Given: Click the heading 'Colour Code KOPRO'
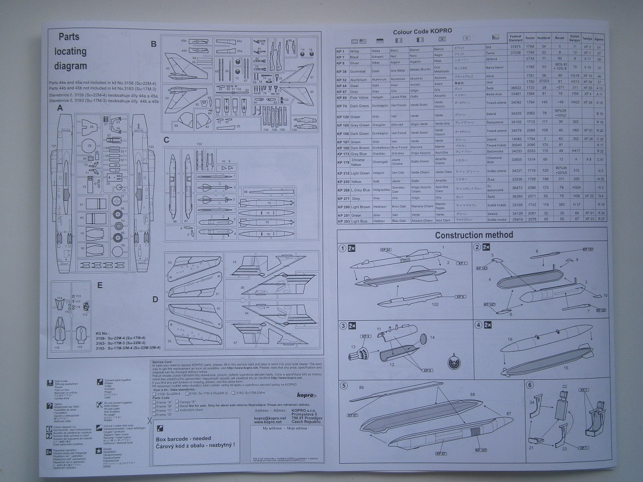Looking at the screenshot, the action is click(423, 31).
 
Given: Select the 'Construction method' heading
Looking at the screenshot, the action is click(475, 235).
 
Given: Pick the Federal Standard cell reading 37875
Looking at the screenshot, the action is click(516, 46).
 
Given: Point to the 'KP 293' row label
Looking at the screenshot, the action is click(343, 220).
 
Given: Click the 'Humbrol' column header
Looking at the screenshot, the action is click(544, 38).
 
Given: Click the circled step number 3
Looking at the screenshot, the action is click(343, 325).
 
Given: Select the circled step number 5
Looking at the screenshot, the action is click(343, 385).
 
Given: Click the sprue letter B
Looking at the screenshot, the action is click(154, 44).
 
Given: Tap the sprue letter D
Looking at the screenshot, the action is click(155, 299).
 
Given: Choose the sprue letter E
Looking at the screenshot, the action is click(100, 285).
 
